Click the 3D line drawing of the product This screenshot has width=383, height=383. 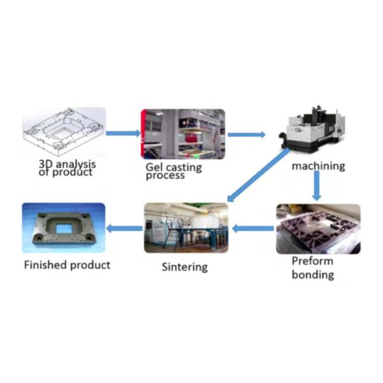[x=63, y=133]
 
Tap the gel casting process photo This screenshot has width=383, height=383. [x=183, y=133]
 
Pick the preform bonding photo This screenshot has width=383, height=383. [x=318, y=229]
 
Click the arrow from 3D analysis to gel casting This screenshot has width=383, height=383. [x=123, y=133]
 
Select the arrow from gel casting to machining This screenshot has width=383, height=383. [x=246, y=135]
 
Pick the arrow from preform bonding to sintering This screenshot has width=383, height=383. [x=252, y=228]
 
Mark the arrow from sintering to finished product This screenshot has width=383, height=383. [x=124, y=228]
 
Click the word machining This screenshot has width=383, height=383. [x=318, y=166]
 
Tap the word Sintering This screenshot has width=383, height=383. [x=184, y=267]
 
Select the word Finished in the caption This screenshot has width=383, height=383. [x=45, y=264]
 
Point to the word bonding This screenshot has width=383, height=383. [x=313, y=275]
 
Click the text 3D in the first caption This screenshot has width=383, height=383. [x=45, y=163]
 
